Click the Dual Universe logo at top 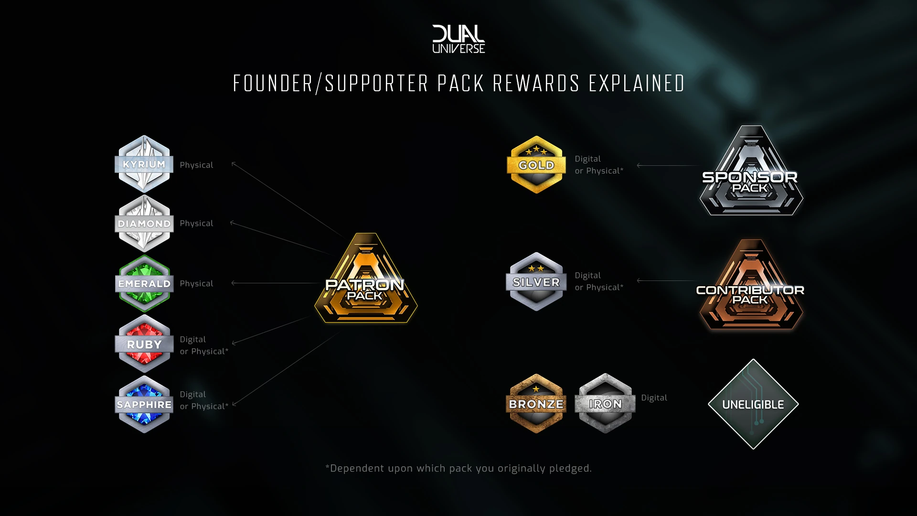pos(458,39)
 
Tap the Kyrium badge pos(144,164)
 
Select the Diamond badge pos(144,223)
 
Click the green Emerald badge pos(144,283)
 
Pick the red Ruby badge pos(144,344)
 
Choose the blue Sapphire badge pos(144,404)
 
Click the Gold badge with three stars pos(536,165)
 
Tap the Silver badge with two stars pos(536,282)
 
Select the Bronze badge pos(536,404)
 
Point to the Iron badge pos(605,404)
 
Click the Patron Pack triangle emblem pos(365,282)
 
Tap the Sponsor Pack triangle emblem pos(751,174)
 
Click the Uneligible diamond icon pos(753,404)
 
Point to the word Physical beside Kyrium pos(196,165)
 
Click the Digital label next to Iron pos(654,398)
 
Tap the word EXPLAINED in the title pos(637,84)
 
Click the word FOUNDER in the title pos(273,84)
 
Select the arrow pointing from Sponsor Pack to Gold pos(669,165)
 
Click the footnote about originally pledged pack pos(458,468)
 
